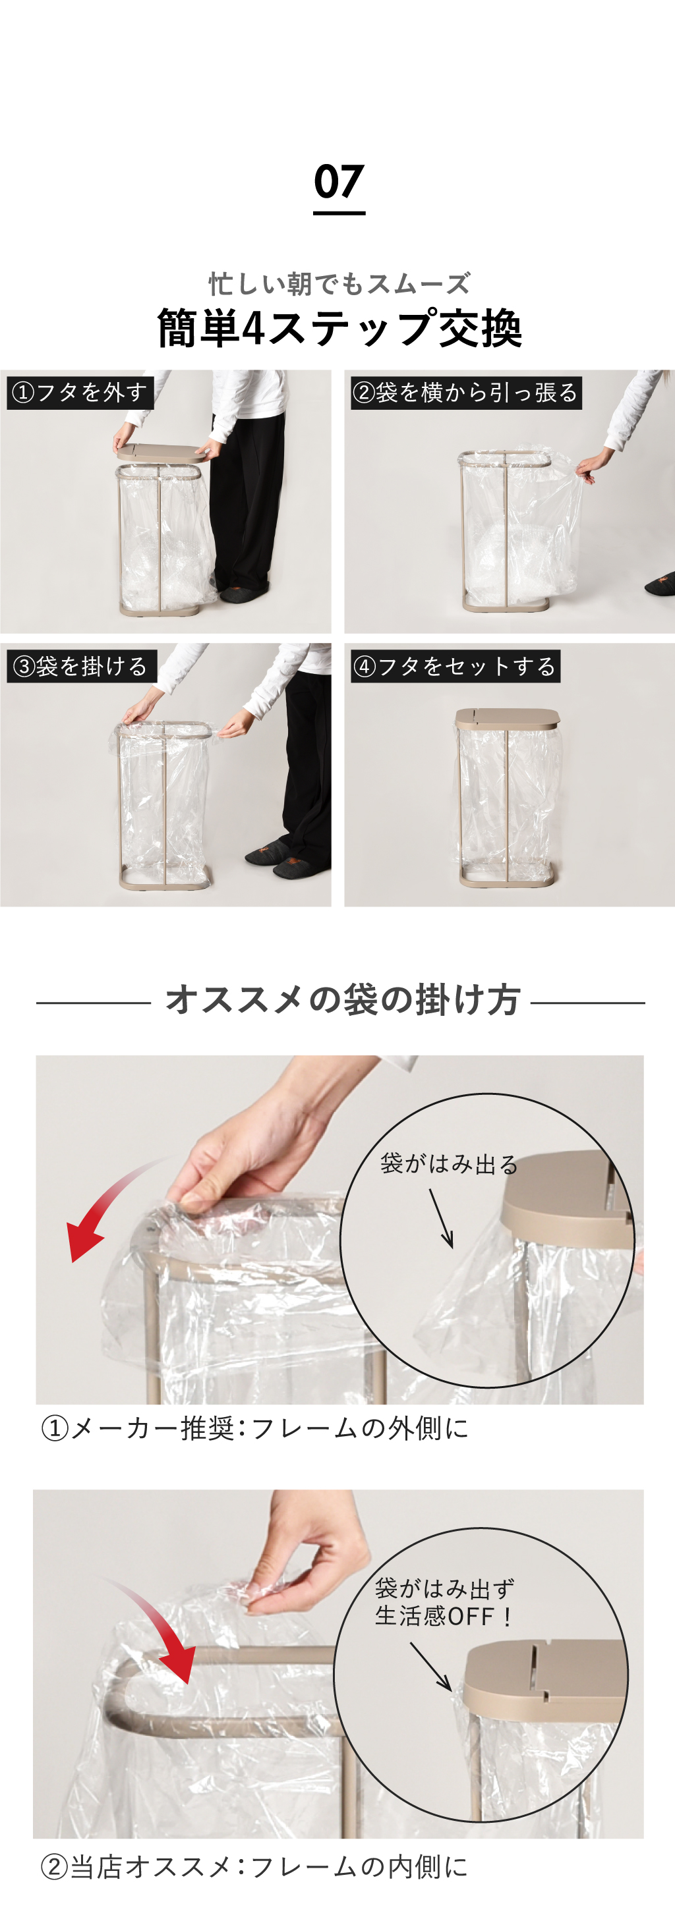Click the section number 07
[339, 182]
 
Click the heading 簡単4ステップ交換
[339, 328]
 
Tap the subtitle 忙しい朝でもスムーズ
[339, 284]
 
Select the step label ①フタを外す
[80, 392]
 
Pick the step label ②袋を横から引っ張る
[466, 392]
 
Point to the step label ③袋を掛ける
[81, 666]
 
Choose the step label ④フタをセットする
[455, 666]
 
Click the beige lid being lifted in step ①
[160, 452]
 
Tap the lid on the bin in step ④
[507, 719]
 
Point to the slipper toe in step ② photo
[660, 583]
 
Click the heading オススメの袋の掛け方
[342, 1000]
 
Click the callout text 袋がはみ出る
[449, 1164]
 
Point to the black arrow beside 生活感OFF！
[431, 1665]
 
